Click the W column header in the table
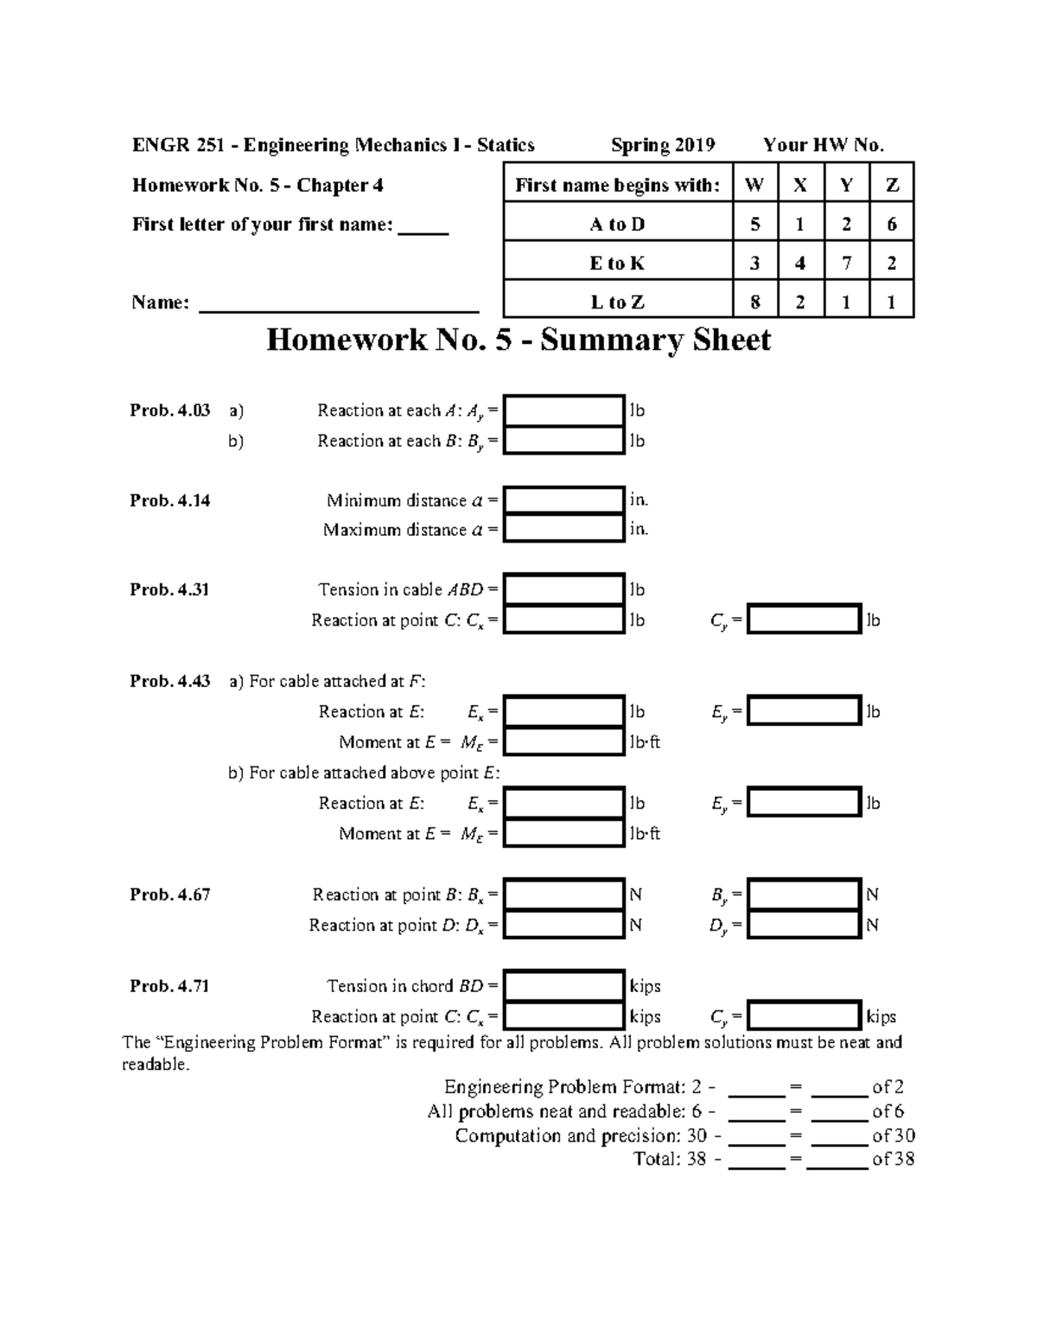754,185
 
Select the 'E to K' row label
617,263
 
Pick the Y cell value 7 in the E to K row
846,263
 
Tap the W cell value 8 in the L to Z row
754,302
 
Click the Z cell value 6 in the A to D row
892,224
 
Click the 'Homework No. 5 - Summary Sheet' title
518,340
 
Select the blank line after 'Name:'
339,304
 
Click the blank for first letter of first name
423,227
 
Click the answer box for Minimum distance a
563,500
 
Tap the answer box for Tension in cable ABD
563,589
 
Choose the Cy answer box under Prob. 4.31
805,620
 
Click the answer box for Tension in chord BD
563,986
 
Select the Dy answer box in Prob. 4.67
805,925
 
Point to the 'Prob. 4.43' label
169,681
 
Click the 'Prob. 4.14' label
169,500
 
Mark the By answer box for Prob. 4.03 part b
563,441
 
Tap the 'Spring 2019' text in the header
663,145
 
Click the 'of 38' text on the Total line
893,1159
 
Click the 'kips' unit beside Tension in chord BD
646,986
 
